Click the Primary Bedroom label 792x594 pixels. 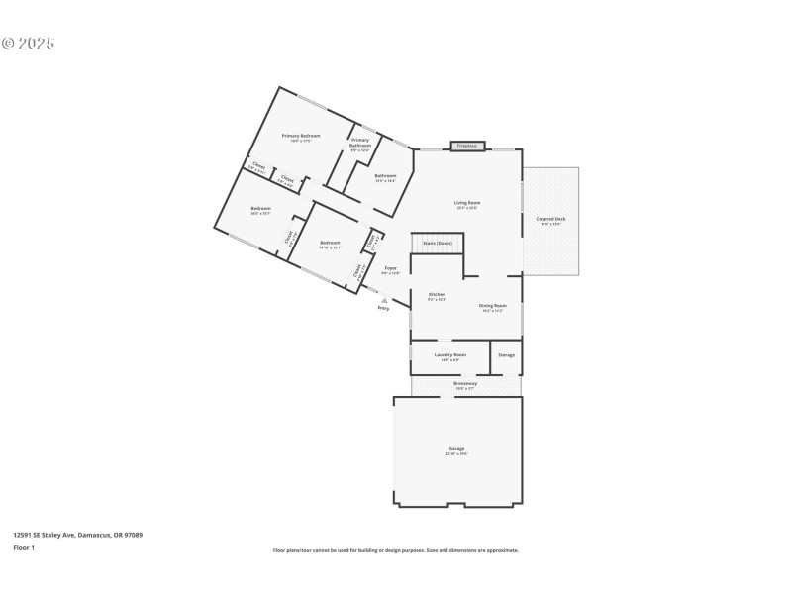[301, 136]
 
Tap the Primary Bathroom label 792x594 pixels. [359, 143]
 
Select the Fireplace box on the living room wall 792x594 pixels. [466, 146]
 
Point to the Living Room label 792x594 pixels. [467, 203]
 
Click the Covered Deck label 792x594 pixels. [551, 219]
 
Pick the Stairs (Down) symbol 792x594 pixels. [438, 244]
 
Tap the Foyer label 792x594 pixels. [391, 268]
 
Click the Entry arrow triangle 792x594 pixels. [384, 300]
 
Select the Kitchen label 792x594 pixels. [437, 295]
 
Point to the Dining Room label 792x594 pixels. [493, 306]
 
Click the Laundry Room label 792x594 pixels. [450, 354]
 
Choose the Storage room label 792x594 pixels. [506, 354]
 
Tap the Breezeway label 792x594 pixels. [465, 383]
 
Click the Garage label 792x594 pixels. [456, 449]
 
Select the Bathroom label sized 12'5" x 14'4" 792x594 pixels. [385, 176]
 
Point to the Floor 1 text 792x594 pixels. [24, 547]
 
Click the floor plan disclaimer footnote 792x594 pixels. [396, 550]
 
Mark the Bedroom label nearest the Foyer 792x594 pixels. [330, 243]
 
